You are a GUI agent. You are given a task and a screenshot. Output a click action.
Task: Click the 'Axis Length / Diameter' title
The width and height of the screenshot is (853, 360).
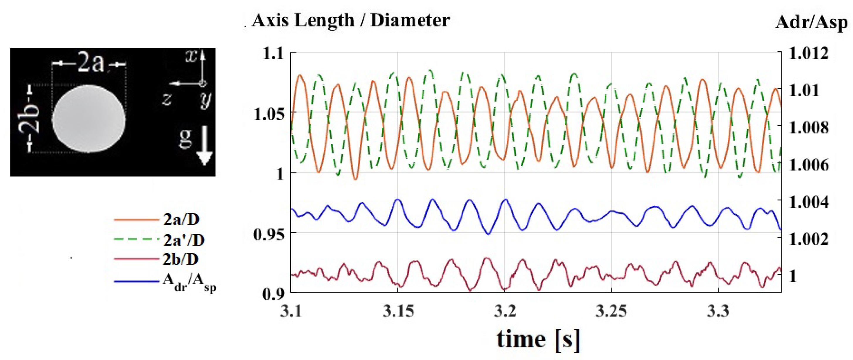pos(350,21)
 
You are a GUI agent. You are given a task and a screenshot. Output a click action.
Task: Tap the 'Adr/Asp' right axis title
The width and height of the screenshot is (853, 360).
pos(811,23)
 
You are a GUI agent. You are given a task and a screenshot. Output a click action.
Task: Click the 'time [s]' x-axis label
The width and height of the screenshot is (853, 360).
pos(538,339)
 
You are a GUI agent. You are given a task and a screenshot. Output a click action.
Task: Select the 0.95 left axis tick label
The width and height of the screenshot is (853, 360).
pos(269,234)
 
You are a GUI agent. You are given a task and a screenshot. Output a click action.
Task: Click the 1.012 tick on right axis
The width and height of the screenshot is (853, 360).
pos(809,53)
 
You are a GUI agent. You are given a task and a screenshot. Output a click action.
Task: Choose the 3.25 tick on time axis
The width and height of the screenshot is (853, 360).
pos(611,311)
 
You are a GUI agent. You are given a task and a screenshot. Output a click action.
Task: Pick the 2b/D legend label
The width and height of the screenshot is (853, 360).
pos(180,259)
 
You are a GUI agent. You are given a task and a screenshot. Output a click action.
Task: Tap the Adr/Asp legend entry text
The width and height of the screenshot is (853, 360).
pos(189,283)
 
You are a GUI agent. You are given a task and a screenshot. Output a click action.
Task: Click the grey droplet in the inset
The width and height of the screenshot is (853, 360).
pos(89,119)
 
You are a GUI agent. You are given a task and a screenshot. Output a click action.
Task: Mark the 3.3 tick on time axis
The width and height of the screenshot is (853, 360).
pos(718,311)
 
